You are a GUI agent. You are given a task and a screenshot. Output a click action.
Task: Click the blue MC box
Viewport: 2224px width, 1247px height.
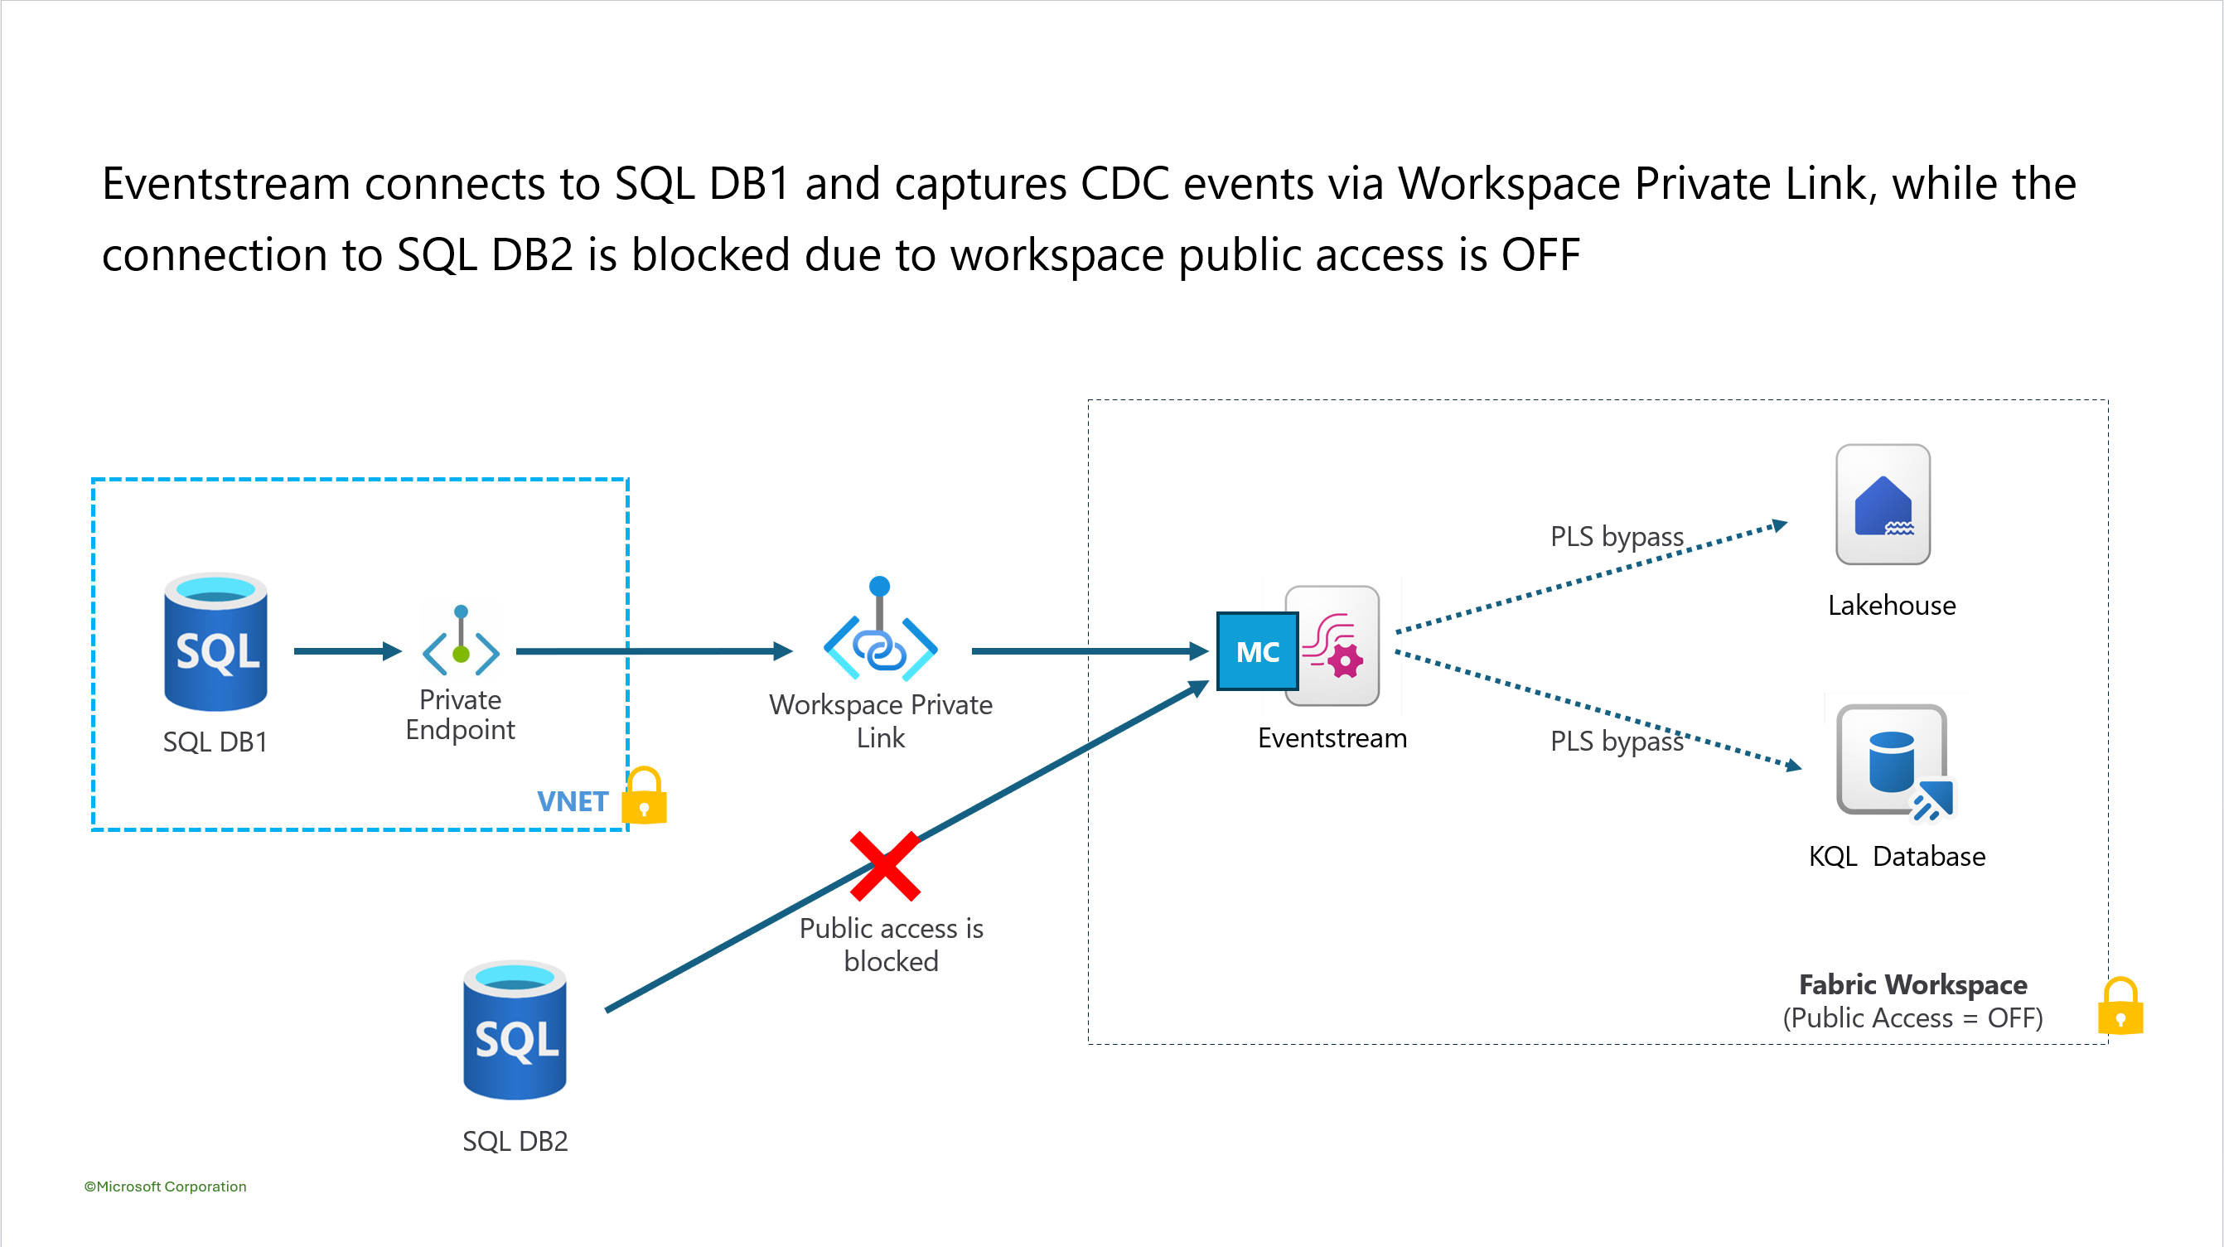point(1257,651)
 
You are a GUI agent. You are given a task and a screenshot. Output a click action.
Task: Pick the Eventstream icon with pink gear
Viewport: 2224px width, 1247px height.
point(1332,646)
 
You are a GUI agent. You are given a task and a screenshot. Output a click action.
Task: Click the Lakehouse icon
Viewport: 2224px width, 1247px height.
point(1883,505)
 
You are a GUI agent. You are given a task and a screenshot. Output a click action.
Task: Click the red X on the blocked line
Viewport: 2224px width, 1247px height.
point(885,866)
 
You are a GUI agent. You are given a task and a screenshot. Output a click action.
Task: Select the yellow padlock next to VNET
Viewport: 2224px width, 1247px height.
point(645,795)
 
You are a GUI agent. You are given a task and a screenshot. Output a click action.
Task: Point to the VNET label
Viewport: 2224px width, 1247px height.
point(573,801)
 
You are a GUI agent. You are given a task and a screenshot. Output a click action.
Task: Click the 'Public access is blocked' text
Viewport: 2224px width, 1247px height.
point(891,945)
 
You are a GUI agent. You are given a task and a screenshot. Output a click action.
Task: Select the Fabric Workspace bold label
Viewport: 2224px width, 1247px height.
point(1912,984)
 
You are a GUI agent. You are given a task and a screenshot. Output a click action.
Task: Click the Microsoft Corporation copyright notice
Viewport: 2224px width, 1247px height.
point(165,1187)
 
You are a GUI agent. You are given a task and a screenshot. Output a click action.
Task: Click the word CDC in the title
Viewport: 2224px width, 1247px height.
point(1125,184)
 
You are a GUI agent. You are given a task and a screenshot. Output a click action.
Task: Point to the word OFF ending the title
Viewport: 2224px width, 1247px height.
point(1540,256)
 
